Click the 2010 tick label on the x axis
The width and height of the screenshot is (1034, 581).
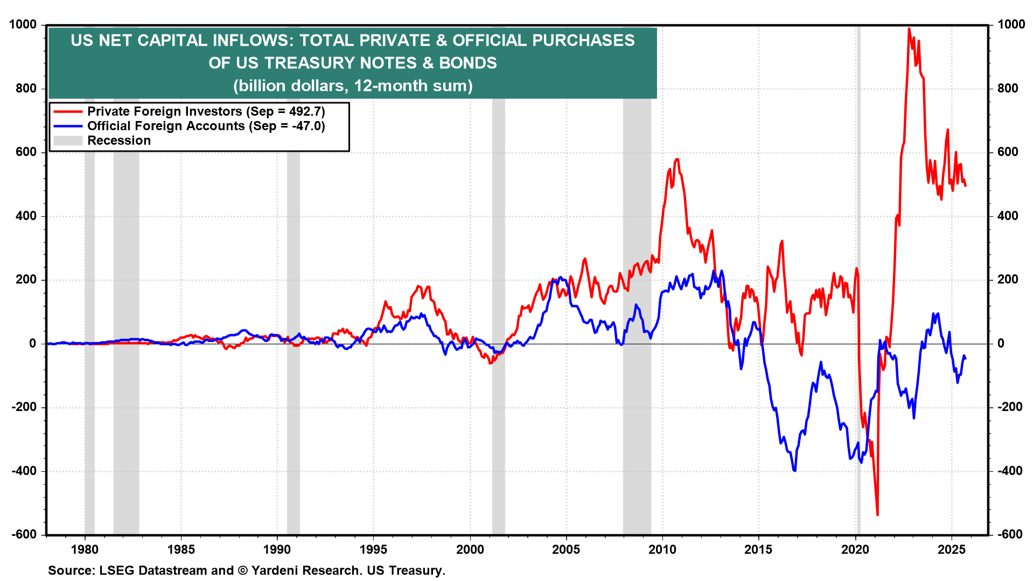662,549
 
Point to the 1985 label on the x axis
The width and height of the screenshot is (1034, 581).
181,549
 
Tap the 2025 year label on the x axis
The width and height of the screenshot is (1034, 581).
951,549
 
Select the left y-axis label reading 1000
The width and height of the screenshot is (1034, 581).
23,25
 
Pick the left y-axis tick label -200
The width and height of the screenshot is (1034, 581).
24,407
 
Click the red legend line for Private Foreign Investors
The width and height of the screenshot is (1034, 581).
68,112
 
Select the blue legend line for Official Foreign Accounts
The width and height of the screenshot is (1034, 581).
68,126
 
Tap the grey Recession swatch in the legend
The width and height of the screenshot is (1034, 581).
68,141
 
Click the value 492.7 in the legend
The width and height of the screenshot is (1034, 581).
306,112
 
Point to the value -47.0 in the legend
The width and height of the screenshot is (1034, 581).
308,126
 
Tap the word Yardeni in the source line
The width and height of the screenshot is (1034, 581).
272,570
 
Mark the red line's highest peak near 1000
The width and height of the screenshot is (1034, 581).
909,29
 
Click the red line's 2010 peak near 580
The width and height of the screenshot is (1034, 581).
677,159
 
